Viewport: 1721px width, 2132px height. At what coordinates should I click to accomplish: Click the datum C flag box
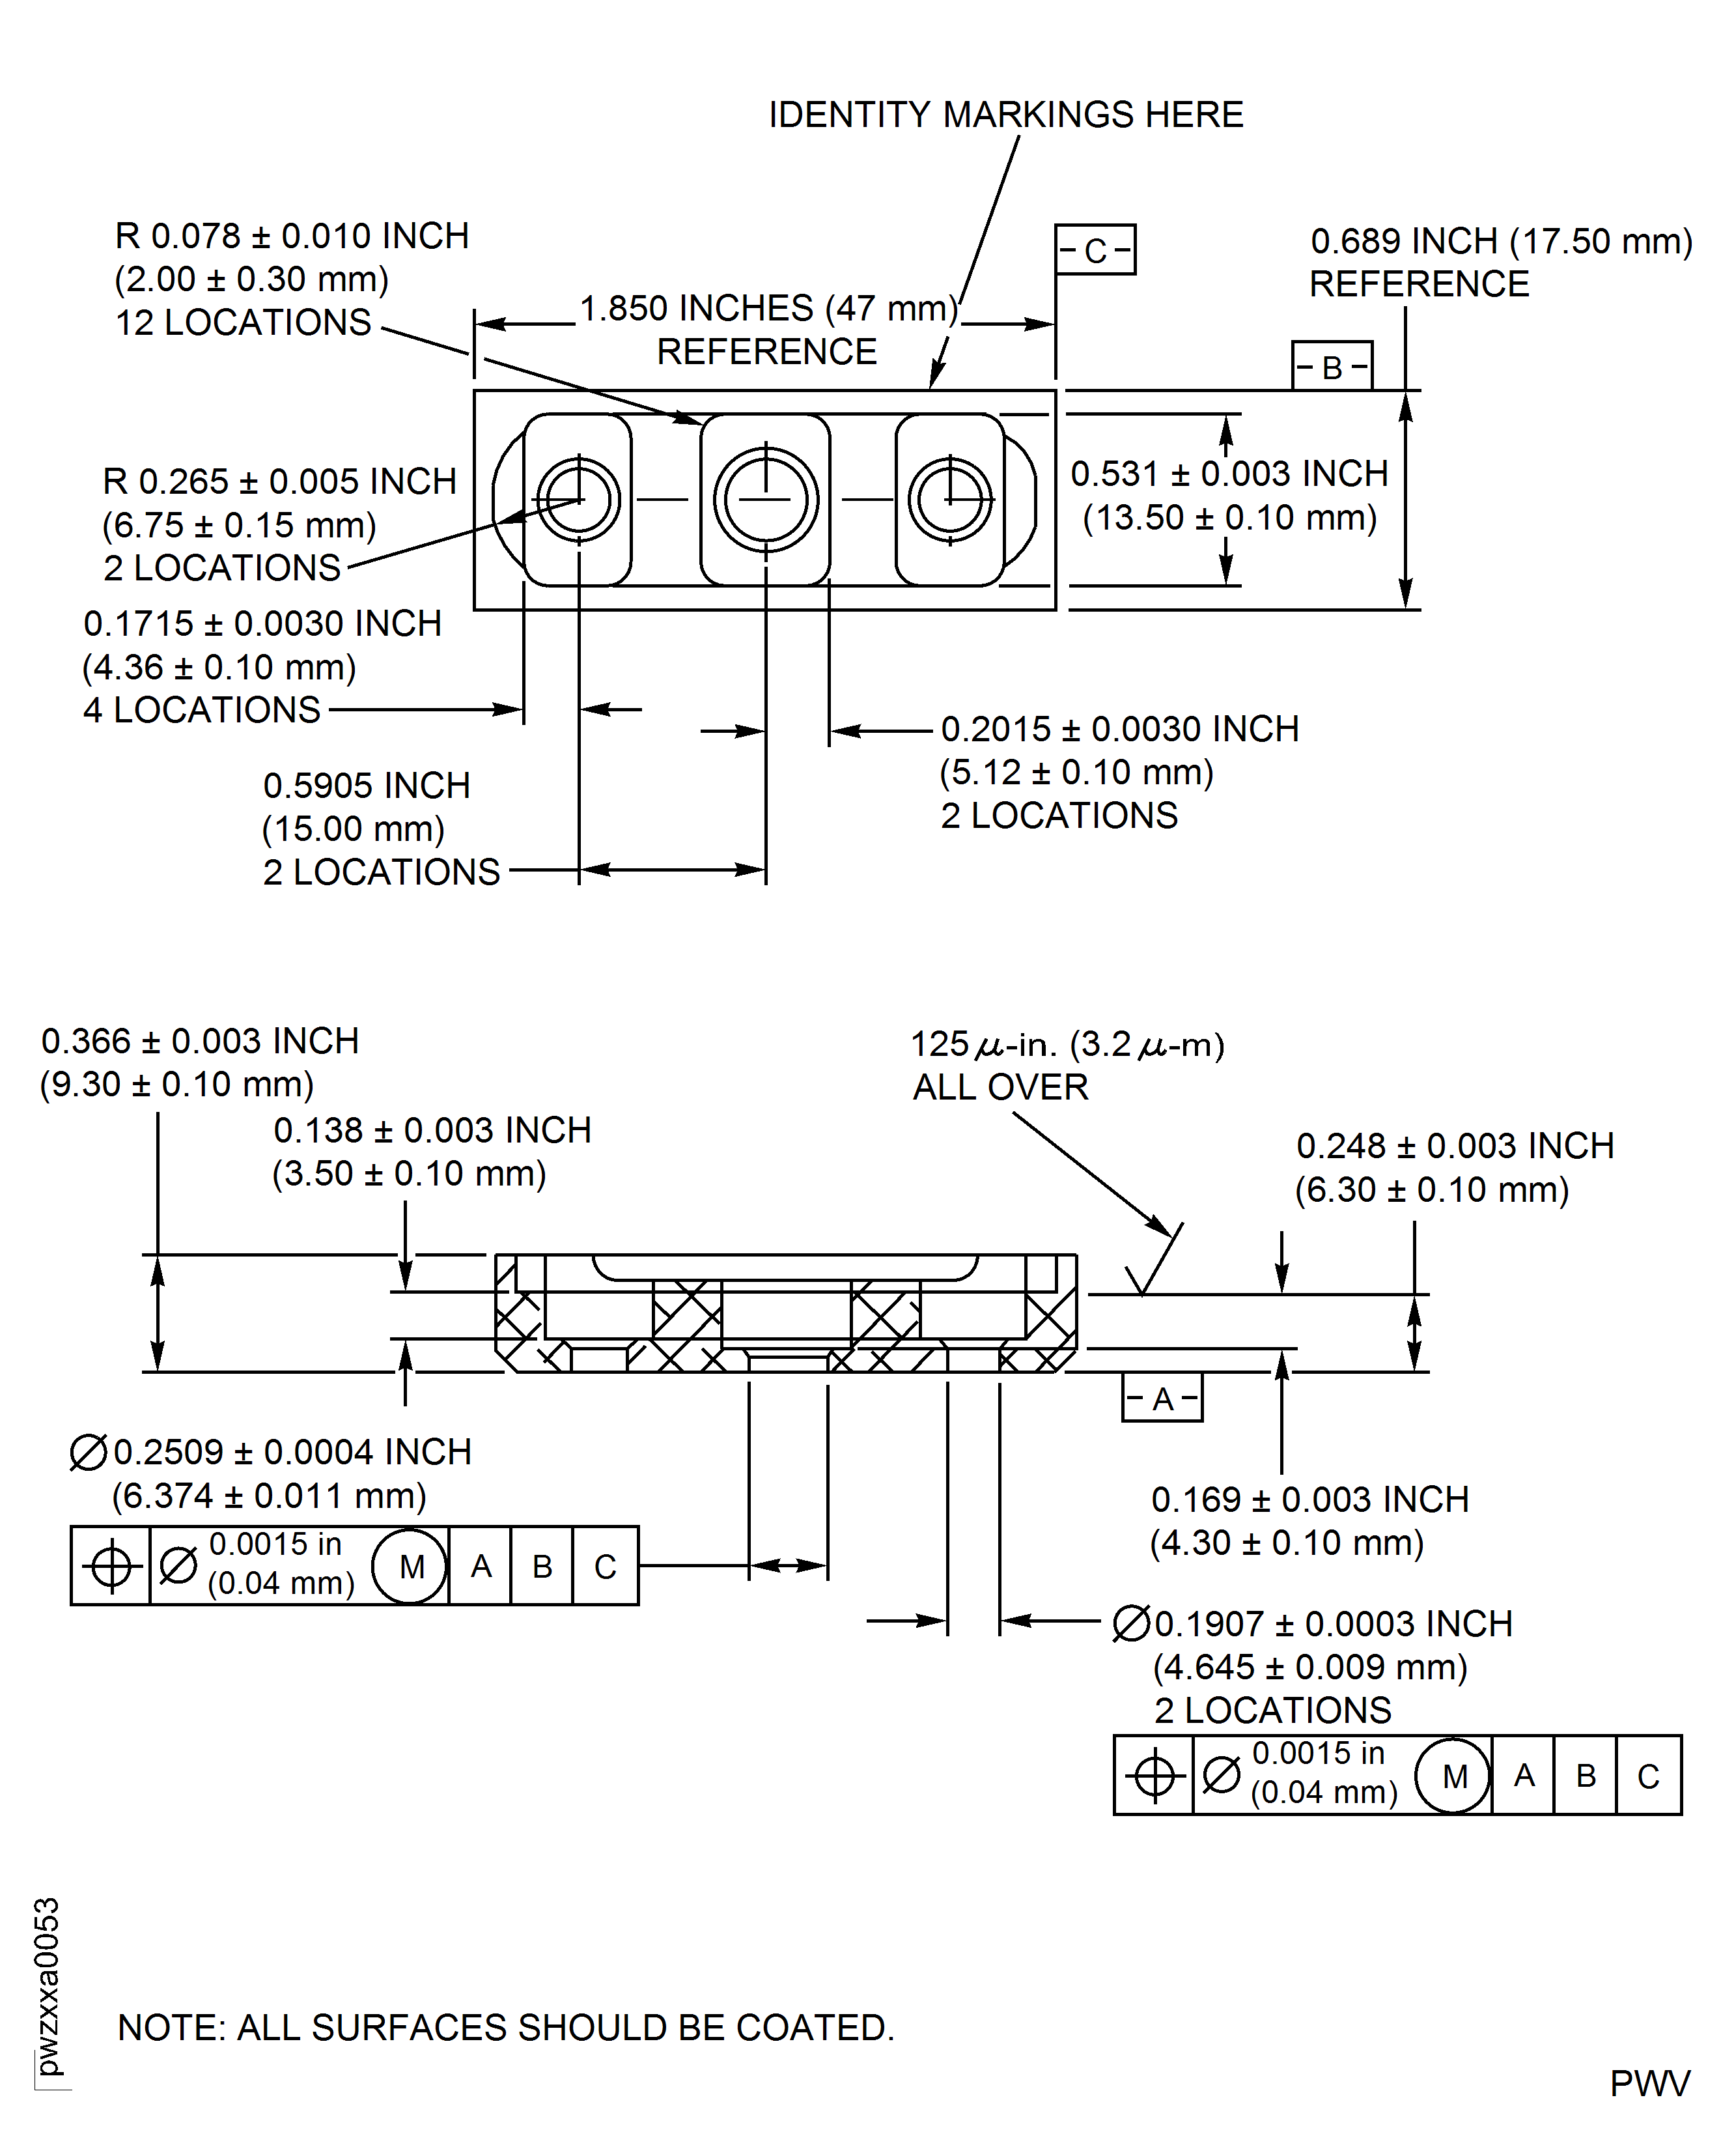pyautogui.click(x=1095, y=250)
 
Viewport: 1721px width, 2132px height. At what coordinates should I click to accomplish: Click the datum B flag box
pyautogui.click(x=1332, y=367)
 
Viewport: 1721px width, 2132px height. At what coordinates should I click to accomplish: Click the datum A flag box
pyautogui.click(x=1162, y=1398)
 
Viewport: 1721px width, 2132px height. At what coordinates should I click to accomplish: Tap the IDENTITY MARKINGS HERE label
pyautogui.click(x=1005, y=115)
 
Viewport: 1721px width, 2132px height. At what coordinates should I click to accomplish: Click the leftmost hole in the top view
pyautogui.click(x=579, y=499)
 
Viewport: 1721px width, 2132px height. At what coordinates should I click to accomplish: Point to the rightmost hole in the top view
pyautogui.click(x=950, y=499)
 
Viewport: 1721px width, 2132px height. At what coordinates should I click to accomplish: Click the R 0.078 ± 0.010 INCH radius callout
pyautogui.click(x=292, y=236)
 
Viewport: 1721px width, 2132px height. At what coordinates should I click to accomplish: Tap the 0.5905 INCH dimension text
pyautogui.click(x=366, y=786)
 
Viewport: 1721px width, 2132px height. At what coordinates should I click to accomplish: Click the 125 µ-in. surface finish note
pyautogui.click(x=1067, y=1044)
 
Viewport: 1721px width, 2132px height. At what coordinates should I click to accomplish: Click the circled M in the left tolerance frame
pyautogui.click(x=410, y=1567)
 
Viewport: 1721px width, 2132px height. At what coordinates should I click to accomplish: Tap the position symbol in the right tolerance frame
pyautogui.click(x=1153, y=1776)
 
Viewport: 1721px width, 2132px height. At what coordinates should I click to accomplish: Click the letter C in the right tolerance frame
pyautogui.click(x=1647, y=1776)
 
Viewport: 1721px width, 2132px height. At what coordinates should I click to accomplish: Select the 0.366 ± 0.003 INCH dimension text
pyautogui.click(x=199, y=1041)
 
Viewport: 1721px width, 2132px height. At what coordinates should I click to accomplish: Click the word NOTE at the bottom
pyautogui.click(x=171, y=2028)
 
